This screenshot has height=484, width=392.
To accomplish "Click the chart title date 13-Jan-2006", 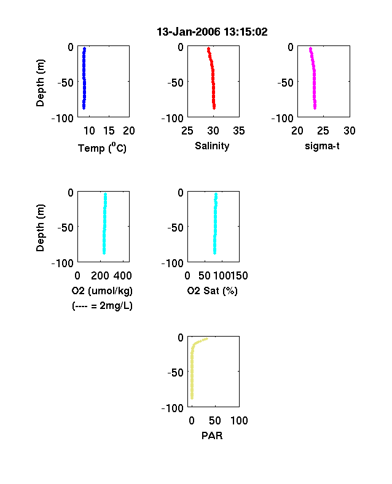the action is pos(188,32).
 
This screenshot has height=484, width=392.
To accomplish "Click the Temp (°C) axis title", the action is pos(102,147).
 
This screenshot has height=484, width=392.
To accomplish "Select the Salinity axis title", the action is pos(212,146).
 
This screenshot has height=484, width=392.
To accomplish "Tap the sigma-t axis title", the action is pos(322,146).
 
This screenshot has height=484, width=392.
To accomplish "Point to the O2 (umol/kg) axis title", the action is pos(102,291).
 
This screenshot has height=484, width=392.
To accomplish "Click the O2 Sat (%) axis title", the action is pos(213,291).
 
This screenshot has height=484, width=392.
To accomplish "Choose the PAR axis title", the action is pos(212,435).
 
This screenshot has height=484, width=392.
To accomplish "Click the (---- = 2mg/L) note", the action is pos(102,306).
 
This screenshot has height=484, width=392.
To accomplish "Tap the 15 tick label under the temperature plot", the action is pos(109,131).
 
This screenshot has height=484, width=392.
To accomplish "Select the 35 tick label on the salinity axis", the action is pos(239,131).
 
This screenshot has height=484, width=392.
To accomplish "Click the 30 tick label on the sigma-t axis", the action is pos(350,131).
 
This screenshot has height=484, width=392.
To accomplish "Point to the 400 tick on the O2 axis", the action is pos(123,276).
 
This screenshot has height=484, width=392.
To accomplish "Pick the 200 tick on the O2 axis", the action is pos(100,276).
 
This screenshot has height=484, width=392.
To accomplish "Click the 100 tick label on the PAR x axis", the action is pos(239,420).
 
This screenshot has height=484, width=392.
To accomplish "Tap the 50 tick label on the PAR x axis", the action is pos(215,420).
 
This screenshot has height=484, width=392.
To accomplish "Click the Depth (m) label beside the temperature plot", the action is pos(40,83).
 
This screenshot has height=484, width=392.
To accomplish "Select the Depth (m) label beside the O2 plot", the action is pos(40,228).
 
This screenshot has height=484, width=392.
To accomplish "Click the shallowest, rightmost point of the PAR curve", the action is pos(206,339).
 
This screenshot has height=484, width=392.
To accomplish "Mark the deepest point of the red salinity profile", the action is pos(214,107).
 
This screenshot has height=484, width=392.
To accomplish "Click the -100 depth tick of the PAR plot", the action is pos(173,408).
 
